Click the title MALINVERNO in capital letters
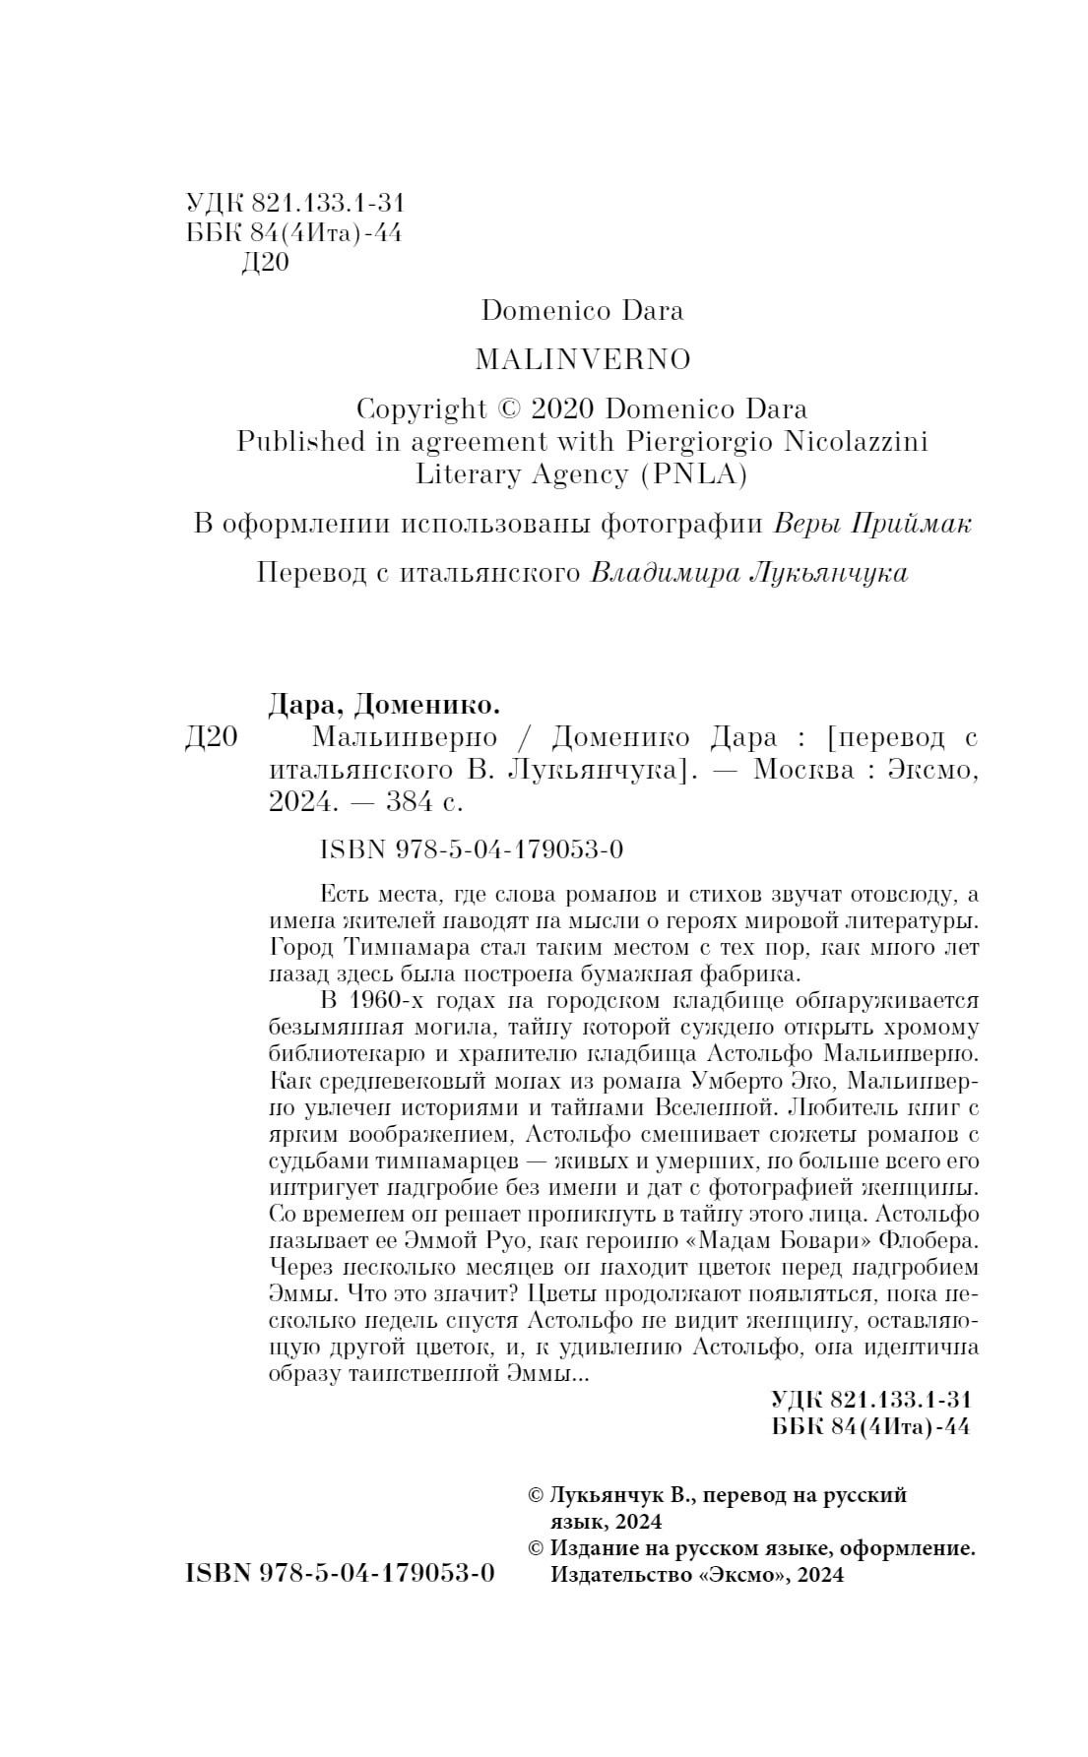[x=583, y=360]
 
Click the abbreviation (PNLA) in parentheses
[x=694, y=474]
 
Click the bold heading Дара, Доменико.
[x=384, y=704]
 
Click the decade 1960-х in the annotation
[x=385, y=1001]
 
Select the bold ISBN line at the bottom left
[x=340, y=1573]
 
